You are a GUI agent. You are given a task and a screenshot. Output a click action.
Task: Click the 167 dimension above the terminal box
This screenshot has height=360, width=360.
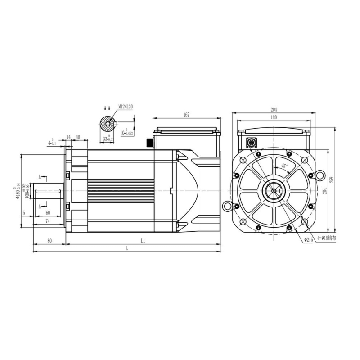(x=186, y=116)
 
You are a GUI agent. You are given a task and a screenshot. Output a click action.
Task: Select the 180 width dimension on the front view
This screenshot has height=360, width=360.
(x=274, y=117)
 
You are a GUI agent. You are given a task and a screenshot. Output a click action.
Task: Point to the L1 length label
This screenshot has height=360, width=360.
(x=143, y=241)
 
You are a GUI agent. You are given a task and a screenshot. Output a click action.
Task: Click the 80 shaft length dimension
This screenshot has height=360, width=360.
(x=49, y=241)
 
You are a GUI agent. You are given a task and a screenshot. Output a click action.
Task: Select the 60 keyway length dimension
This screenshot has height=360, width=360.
(x=48, y=214)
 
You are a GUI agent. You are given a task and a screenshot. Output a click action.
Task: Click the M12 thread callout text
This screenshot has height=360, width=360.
(x=126, y=107)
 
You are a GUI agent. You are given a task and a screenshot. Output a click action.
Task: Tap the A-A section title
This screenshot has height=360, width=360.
(x=107, y=108)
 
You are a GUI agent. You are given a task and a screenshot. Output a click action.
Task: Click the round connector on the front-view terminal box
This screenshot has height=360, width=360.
(x=251, y=144)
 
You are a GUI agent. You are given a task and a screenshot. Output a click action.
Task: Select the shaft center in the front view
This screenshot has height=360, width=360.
(x=274, y=191)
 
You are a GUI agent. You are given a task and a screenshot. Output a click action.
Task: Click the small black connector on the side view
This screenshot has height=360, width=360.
(x=149, y=143)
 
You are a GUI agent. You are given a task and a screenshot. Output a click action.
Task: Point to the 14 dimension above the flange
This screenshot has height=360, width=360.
(x=69, y=137)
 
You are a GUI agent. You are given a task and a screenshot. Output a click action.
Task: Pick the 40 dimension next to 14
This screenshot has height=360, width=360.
(x=78, y=137)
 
